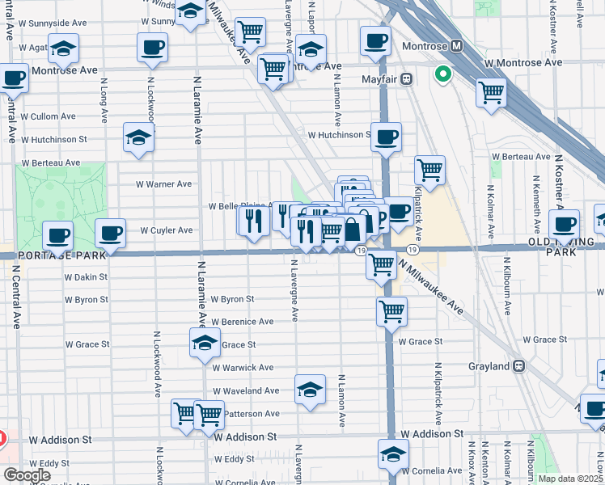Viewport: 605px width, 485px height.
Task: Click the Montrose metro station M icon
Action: pyautogui.click(x=456, y=45)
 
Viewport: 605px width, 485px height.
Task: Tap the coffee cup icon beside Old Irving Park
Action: pyautogui.click(x=564, y=224)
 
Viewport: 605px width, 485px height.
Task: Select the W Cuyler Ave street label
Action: pyautogui.click(x=166, y=230)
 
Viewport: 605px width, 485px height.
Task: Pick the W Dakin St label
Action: pyautogui.click(x=86, y=276)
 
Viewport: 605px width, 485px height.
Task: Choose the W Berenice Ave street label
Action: pyautogui.click(x=243, y=322)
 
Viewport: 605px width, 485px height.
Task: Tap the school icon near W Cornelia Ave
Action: pyautogui.click(x=393, y=453)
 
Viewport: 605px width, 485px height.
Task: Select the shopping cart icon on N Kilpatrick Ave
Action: pyautogui.click(x=429, y=171)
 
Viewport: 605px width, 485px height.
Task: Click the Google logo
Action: pyautogui.click(x=27, y=475)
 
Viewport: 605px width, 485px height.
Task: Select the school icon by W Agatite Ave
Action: pyautogui.click(x=63, y=49)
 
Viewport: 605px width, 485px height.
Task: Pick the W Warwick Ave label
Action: pyautogui.click(x=243, y=368)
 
